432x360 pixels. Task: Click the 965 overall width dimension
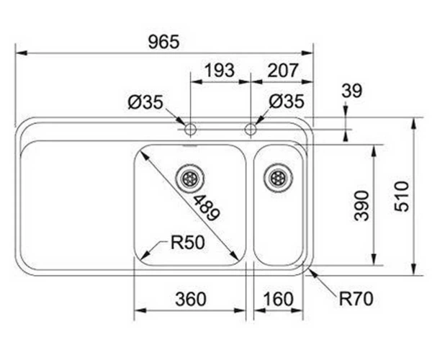point(163,42)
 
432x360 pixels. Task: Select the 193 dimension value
point(220,71)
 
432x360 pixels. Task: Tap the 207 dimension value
point(283,71)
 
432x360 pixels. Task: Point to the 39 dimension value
point(352,91)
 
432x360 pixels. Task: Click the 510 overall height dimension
point(402,197)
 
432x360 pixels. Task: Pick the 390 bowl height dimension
point(361,205)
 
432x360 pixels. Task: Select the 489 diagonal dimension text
point(207,208)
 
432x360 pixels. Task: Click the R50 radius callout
point(188,243)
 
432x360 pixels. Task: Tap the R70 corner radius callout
point(356,299)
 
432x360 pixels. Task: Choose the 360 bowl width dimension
point(191,299)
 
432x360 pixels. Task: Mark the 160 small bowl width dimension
point(278,299)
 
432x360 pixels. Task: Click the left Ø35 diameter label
point(145,102)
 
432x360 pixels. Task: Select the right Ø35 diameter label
point(287,102)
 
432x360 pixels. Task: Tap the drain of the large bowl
point(190,179)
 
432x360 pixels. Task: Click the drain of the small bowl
point(278,178)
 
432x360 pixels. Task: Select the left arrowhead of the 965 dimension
point(22,53)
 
